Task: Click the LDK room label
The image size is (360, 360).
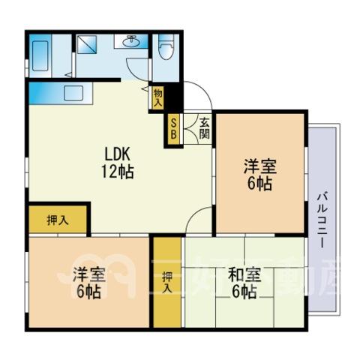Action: click(x=117, y=154)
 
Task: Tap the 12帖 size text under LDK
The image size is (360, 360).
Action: click(x=117, y=172)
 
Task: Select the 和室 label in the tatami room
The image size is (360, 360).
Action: click(x=244, y=274)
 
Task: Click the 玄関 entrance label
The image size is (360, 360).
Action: click(x=204, y=128)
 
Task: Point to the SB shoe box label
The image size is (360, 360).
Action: click(x=173, y=129)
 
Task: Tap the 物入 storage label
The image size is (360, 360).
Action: click(x=158, y=97)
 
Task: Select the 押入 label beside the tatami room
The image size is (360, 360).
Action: click(x=167, y=282)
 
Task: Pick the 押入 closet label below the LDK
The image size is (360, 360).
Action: click(x=58, y=220)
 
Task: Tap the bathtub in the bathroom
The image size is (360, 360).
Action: click(x=40, y=56)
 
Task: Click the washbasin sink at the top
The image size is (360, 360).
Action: click(x=131, y=41)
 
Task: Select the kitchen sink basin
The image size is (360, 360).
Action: click(x=73, y=93)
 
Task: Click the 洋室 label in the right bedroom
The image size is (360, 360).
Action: click(x=260, y=166)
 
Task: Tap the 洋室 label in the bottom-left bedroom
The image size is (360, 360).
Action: click(x=88, y=274)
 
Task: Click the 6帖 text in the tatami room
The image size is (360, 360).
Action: click(x=244, y=292)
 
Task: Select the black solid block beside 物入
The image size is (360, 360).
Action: click(x=173, y=97)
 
